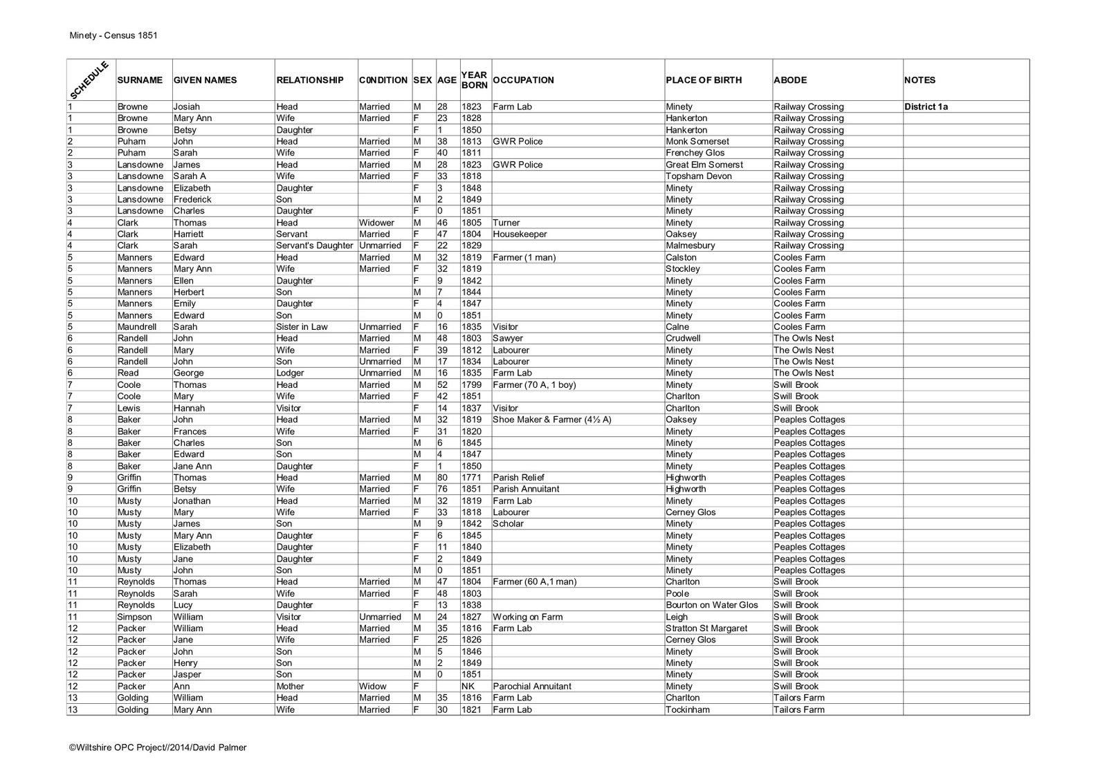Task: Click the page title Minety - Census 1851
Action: pyautogui.click(x=113, y=35)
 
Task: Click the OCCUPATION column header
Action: pyautogui.click(x=524, y=80)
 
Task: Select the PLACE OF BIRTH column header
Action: pyautogui.click(x=703, y=80)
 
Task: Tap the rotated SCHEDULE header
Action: pyautogui.click(x=89, y=80)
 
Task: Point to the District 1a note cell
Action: pyautogui.click(x=926, y=106)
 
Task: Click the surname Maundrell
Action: pyautogui.click(x=137, y=326)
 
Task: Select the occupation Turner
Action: pyautogui.click(x=506, y=223)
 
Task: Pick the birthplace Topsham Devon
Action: pyautogui.click(x=698, y=176)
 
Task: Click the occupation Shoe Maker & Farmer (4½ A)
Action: pyautogui.click(x=551, y=420)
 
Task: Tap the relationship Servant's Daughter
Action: pyautogui.click(x=315, y=245)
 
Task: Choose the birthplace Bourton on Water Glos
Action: pyautogui.click(x=711, y=605)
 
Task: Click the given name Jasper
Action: pyautogui.click(x=187, y=674)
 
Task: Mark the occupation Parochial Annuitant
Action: pyautogui.click(x=532, y=686)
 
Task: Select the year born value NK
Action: pyautogui.click(x=468, y=686)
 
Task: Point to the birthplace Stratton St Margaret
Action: pyautogui.click(x=706, y=629)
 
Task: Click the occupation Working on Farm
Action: pyautogui.click(x=527, y=617)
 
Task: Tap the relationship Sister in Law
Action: pyautogui.click(x=302, y=326)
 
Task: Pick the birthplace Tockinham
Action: pyautogui.click(x=687, y=709)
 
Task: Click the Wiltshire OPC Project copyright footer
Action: pyautogui.click(x=157, y=747)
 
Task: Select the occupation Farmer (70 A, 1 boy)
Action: pyautogui.click(x=534, y=384)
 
